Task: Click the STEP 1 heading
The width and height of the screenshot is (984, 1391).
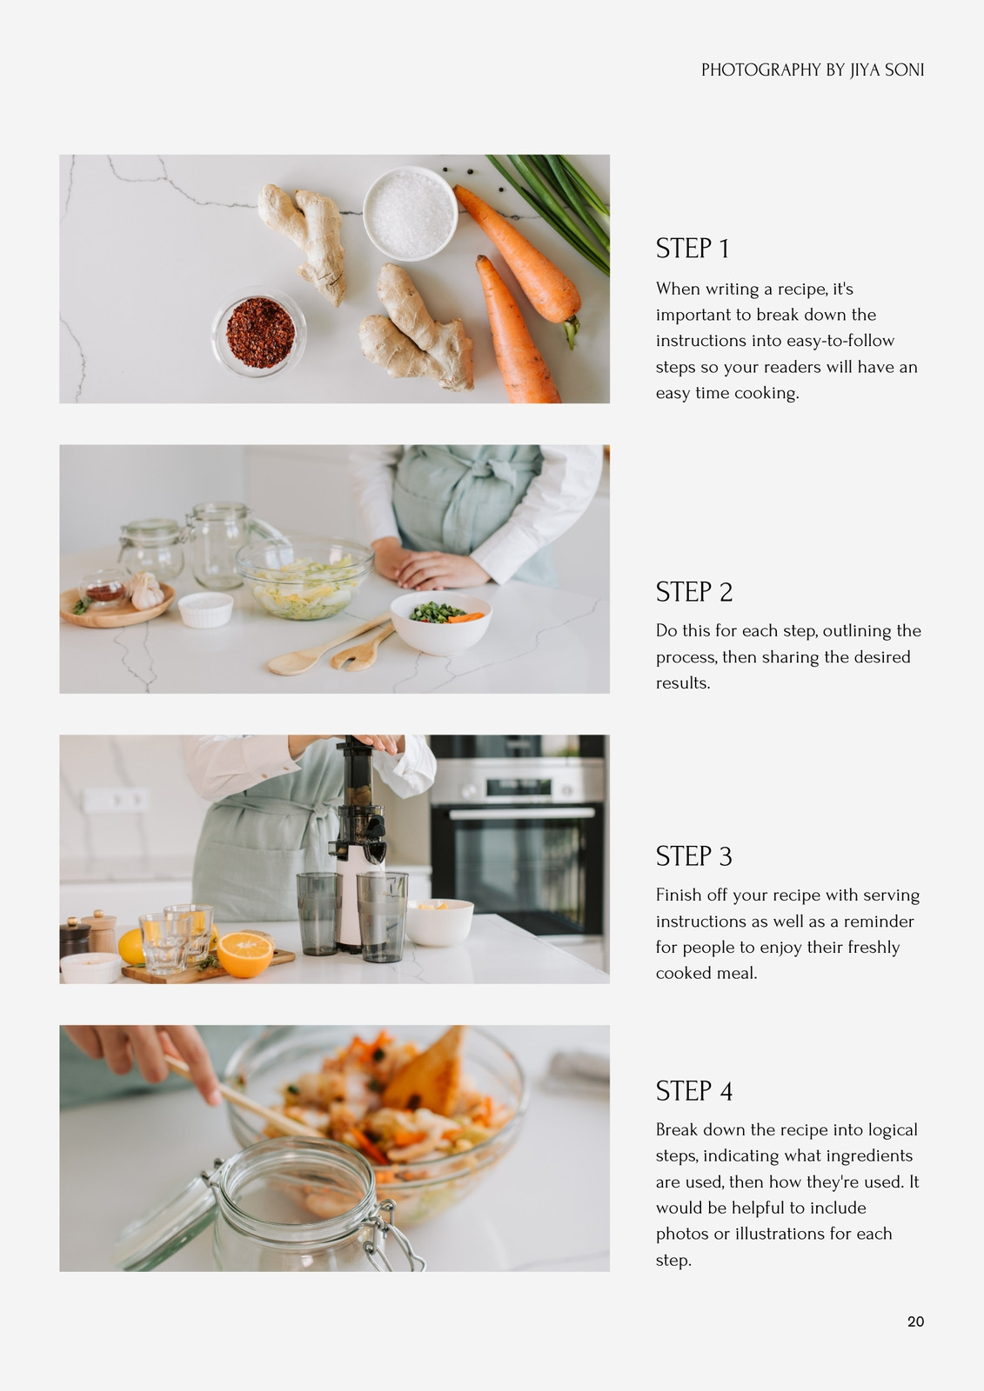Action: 692,249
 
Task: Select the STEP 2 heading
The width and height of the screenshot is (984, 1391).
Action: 693,592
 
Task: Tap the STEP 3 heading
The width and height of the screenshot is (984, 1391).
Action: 693,856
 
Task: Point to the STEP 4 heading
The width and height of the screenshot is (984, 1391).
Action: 693,1091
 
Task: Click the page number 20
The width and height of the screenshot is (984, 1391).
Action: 915,1321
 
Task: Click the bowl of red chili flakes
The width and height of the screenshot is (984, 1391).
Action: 260,333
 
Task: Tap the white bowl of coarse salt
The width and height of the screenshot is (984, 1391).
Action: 411,213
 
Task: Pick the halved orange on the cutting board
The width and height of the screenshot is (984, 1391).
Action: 244,955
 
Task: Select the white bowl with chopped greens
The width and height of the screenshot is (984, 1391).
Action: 441,622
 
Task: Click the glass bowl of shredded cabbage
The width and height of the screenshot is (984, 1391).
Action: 305,578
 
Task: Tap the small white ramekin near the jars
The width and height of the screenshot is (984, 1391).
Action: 205,609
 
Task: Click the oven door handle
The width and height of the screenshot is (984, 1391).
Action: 522,813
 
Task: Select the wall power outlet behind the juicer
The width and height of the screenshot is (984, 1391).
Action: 117,800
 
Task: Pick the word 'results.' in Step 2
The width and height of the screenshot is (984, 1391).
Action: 683,683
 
